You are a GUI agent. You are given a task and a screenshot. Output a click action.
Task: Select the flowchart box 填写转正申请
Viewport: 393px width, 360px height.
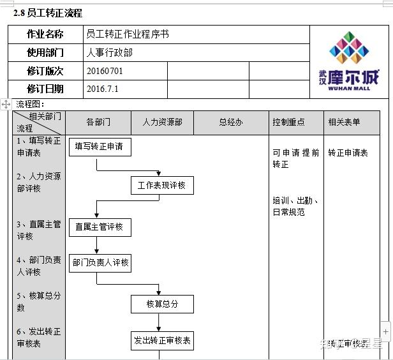[x=100, y=147]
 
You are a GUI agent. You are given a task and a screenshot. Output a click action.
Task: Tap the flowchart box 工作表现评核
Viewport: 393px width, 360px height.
[x=161, y=185]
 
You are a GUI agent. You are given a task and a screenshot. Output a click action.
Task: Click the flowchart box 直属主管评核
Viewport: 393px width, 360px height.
[x=100, y=227]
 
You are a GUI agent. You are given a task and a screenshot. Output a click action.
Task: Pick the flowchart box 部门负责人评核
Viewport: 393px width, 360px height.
[x=100, y=262]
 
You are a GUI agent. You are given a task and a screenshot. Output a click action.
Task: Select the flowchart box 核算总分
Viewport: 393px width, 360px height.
[x=162, y=304]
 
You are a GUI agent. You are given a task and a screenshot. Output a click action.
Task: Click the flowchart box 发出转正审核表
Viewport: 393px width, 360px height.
[x=162, y=340]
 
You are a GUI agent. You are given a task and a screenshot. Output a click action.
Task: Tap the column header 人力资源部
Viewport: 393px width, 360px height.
[x=162, y=122]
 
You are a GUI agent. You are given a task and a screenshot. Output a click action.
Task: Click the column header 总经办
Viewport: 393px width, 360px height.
[x=230, y=122]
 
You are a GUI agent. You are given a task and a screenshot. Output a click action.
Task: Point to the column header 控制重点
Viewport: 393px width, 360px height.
[x=288, y=122]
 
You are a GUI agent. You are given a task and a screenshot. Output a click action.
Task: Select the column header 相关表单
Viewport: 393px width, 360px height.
[x=344, y=122]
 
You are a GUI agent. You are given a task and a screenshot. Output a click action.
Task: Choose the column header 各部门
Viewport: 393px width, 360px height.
[x=98, y=122]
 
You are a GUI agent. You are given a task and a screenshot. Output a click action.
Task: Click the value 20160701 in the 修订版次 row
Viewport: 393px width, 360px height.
[x=105, y=71]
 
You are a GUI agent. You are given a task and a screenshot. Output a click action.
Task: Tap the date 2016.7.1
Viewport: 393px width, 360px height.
[x=103, y=89]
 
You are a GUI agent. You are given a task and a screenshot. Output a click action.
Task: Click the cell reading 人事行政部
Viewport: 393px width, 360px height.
[x=110, y=53]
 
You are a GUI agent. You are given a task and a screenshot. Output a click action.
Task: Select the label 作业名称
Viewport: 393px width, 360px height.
[x=45, y=34]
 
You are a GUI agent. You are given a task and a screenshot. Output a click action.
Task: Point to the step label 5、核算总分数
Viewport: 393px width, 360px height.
[x=39, y=301]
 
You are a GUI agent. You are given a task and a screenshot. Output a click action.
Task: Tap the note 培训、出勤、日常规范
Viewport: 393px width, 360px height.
[x=295, y=206]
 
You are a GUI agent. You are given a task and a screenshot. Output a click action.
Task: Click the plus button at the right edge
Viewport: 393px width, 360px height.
[x=386, y=331]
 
